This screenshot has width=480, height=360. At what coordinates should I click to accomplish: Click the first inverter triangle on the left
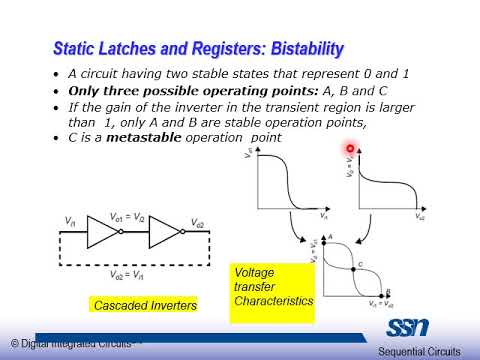tap(103, 232)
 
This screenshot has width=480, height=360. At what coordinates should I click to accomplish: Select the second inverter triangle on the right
tap(162, 232)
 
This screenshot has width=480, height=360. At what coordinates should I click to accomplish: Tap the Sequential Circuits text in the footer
tap(419, 350)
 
